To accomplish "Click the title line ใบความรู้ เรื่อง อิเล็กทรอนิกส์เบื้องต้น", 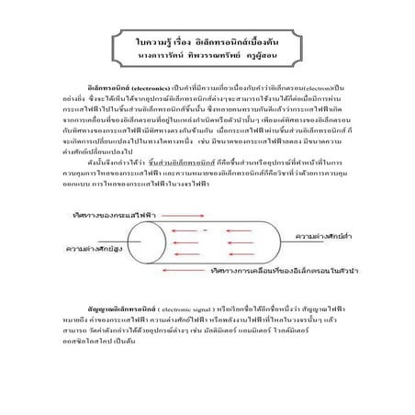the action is (x=207, y=42).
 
